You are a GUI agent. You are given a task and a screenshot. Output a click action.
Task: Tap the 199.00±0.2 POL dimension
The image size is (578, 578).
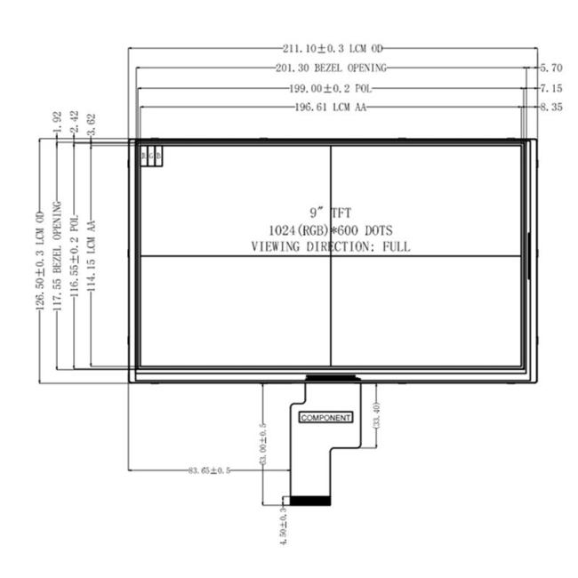coord(330,88)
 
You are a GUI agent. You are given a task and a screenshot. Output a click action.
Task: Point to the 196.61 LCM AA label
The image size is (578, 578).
coord(330,108)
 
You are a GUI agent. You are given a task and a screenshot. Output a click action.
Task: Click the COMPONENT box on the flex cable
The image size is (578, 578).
coord(325,417)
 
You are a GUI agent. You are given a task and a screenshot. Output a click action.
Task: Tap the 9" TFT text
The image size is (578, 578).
coord(330,213)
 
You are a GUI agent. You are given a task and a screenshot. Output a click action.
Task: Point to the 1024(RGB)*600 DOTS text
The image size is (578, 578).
coord(330,230)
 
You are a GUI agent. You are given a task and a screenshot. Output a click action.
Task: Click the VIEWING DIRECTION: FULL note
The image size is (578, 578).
coord(330,247)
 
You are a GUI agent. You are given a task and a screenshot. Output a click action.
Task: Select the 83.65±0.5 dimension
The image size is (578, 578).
coord(209,470)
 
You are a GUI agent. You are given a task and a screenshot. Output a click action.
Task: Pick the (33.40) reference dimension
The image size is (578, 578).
coord(376,416)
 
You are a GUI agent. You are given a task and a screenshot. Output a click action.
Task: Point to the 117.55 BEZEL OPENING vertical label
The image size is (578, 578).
coord(58,253)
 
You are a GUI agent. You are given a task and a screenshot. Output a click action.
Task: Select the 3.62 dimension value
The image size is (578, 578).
coord(92,125)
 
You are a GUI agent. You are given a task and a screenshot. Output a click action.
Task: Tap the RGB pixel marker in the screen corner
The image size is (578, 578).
coord(151,156)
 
